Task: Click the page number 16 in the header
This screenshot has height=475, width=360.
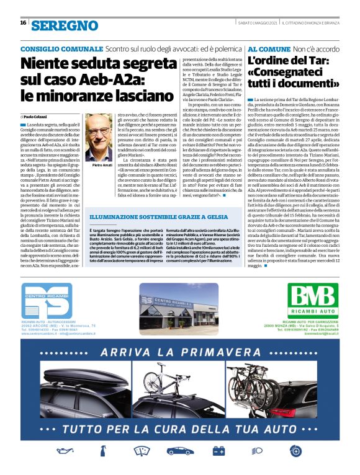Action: click(x=23, y=22)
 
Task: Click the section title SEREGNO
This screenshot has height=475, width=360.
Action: click(x=65, y=25)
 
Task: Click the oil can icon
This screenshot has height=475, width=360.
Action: click(x=65, y=450)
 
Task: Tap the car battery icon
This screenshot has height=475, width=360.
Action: click(x=218, y=450)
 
